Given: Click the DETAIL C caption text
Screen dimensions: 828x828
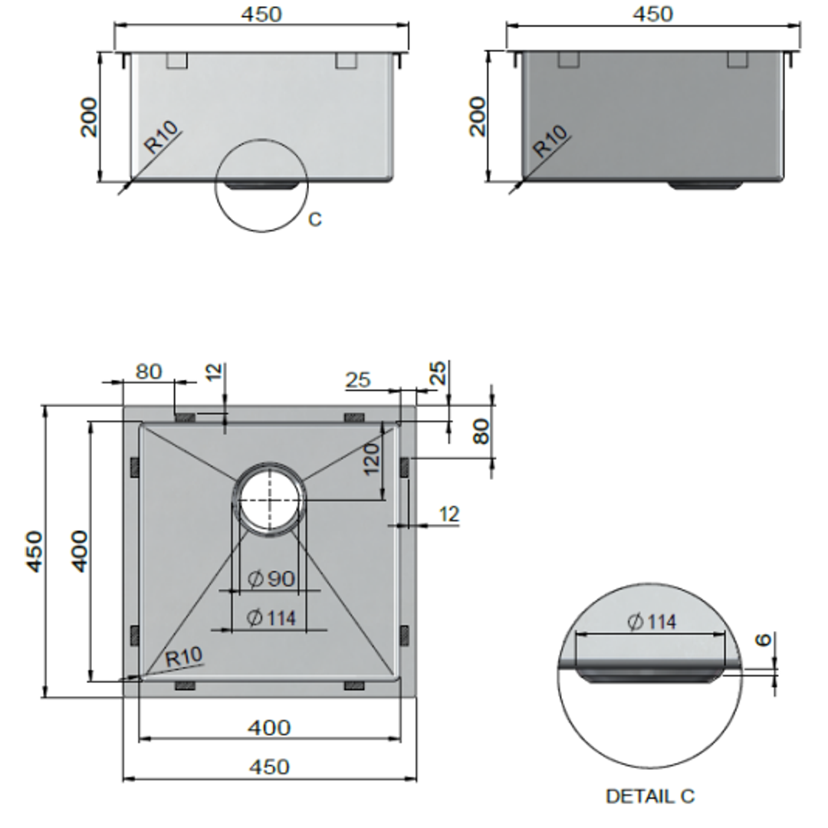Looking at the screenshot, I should [x=649, y=797].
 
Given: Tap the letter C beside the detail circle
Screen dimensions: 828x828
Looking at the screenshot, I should [x=315, y=220].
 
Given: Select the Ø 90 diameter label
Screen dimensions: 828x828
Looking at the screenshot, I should [x=271, y=579].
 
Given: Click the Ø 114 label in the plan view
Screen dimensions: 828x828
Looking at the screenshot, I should [x=272, y=617].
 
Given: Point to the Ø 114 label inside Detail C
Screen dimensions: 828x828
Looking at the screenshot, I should [x=652, y=622].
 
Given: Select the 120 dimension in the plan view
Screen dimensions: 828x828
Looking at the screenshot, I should [x=372, y=458].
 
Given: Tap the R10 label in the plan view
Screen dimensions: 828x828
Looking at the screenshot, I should [x=184, y=656].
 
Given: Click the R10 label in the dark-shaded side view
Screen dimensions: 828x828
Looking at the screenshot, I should [x=551, y=141].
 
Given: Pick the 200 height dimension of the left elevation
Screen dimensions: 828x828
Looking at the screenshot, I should [x=90, y=117].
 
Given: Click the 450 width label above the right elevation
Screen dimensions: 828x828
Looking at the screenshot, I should [x=653, y=14].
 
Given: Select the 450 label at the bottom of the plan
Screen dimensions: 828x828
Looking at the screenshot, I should [x=269, y=766].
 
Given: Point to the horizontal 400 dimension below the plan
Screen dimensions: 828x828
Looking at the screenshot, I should [x=269, y=727].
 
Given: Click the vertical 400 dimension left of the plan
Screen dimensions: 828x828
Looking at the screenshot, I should [x=79, y=550].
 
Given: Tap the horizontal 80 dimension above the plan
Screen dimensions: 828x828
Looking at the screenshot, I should [x=149, y=371].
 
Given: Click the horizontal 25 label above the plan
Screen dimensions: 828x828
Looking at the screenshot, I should [x=358, y=379].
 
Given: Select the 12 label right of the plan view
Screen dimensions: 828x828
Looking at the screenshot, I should [x=449, y=514].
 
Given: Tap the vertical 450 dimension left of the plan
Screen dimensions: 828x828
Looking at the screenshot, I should [x=34, y=550].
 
